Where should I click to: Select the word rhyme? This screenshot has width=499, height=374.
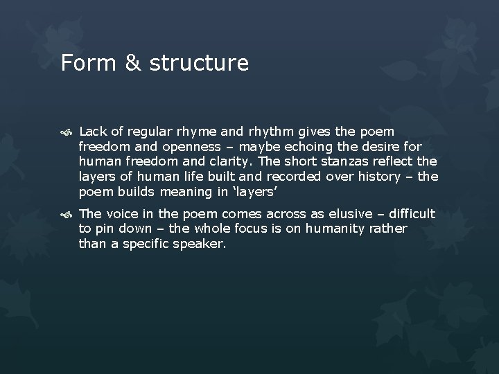coord(183,132)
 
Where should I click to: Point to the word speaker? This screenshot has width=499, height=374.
coord(201,244)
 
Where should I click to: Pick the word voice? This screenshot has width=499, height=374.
coord(118,214)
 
